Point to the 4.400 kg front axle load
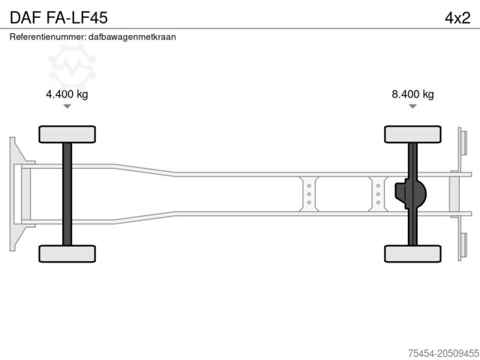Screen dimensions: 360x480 click(x=67, y=94)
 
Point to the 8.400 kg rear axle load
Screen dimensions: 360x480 click(x=412, y=94)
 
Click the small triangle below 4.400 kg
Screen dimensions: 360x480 click(x=67, y=106)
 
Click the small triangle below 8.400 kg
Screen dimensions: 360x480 click(x=412, y=106)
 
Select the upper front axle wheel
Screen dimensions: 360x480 click(x=67, y=134)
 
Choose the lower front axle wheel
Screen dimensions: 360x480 click(x=67, y=253)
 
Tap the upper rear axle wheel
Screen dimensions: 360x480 click(x=412, y=134)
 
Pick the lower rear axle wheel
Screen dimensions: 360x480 click(x=412, y=253)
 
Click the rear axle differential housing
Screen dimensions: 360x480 click(x=412, y=193)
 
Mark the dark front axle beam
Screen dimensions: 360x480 click(x=67, y=193)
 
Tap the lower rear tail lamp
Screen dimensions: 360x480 click(x=463, y=245)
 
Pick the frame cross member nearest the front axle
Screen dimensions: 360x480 click(x=308, y=193)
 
